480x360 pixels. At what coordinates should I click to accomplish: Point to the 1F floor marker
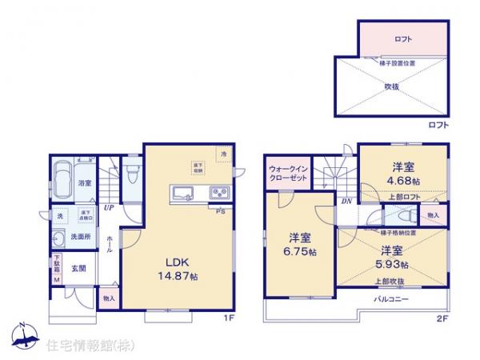(227, 319)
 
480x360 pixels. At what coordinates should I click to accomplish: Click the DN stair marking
(346, 202)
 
